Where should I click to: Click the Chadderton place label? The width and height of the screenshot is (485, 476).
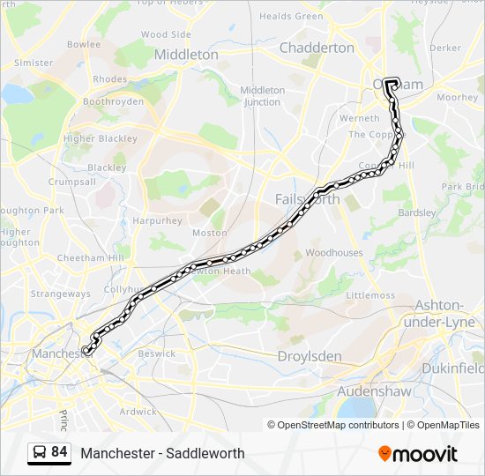pyautogui.click(x=317, y=48)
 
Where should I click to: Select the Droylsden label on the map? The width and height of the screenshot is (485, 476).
pyautogui.click(x=309, y=357)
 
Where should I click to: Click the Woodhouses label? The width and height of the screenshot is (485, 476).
pyautogui.click(x=333, y=253)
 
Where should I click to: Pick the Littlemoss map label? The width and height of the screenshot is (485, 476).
pyautogui.click(x=370, y=295)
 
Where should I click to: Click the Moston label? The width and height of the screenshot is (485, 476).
pyautogui.click(x=209, y=234)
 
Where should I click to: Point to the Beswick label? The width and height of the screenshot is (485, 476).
pyautogui.click(x=157, y=353)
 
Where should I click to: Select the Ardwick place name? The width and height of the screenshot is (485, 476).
pyautogui.click(x=138, y=412)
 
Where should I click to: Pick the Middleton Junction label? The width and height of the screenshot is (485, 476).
pyautogui.click(x=262, y=96)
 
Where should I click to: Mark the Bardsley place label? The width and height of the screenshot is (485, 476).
pyautogui.click(x=417, y=212)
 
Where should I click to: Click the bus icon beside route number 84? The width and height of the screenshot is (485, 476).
pyautogui.click(x=40, y=452)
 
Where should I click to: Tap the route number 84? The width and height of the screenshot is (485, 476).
pyautogui.click(x=59, y=452)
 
